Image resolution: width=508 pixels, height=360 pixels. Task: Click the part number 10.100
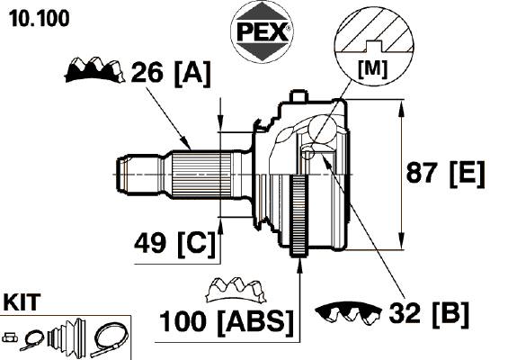click(39, 18)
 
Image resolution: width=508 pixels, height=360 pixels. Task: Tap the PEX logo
click(262, 32)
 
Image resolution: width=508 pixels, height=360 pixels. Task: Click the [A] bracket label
click(192, 74)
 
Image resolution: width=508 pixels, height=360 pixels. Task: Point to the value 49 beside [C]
click(150, 244)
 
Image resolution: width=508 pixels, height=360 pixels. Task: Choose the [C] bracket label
click(196, 245)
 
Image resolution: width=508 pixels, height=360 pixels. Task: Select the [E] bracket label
click(467, 174)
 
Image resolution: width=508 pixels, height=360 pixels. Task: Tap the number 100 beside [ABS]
click(183, 321)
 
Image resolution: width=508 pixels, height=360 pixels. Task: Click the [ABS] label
click(256, 322)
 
